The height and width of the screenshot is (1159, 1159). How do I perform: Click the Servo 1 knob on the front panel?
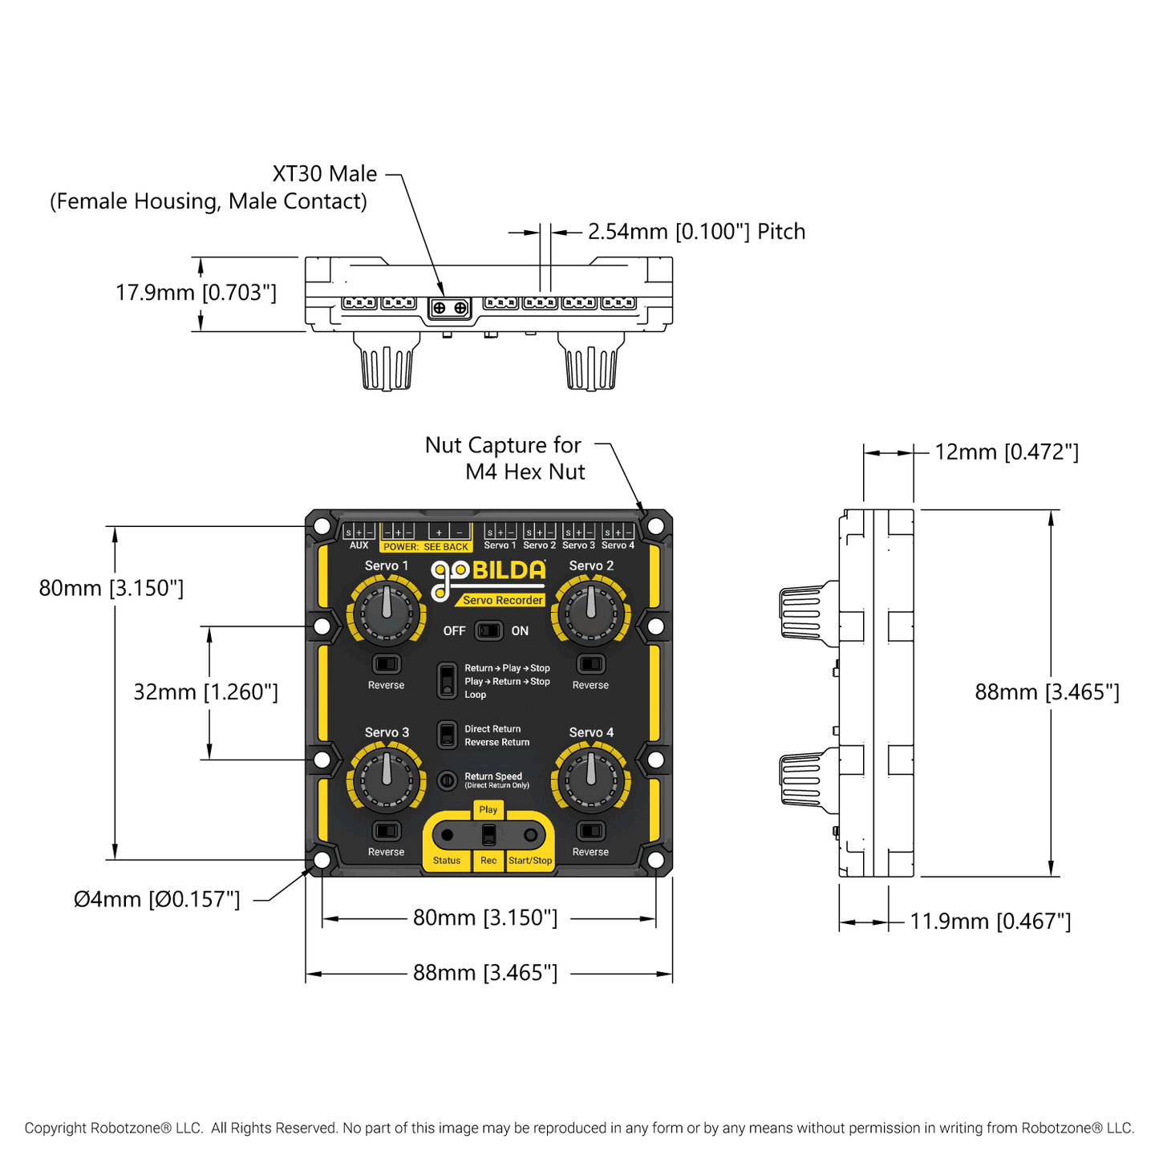point(387,614)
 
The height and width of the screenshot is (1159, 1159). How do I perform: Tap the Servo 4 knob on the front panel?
point(591,780)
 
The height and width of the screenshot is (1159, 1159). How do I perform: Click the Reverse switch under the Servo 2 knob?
point(591,664)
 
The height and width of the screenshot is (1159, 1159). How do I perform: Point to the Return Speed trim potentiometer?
point(447,780)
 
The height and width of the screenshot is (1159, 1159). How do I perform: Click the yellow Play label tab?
point(488,810)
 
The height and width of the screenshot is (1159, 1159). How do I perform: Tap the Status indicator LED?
point(447,836)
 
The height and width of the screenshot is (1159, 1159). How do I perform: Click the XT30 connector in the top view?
point(449,308)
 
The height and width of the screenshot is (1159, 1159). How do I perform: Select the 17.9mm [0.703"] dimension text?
point(196,293)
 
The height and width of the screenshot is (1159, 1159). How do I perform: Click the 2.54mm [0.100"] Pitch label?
point(696,232)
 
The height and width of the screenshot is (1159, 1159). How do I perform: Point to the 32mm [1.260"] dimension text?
point(205,692)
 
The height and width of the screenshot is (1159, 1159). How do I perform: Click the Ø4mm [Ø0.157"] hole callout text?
point(157,899)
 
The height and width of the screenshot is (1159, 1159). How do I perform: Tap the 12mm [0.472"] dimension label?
point(1007,452)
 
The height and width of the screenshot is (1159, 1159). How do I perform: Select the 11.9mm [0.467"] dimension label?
point(990,922)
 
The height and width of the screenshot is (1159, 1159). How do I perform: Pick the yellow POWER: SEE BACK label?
point(425,547)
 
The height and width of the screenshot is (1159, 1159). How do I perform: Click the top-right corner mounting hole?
point(655,526)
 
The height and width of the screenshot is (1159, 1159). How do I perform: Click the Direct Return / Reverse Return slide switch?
point(447,736)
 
